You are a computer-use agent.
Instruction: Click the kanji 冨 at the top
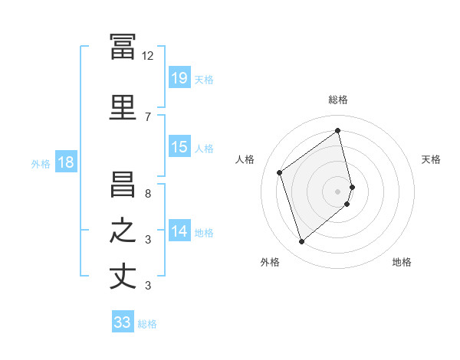point(123,47)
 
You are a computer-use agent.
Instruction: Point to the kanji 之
point(123,231)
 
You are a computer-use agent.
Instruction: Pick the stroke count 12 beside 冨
point(148,56)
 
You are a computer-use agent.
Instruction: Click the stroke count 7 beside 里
point(148,116)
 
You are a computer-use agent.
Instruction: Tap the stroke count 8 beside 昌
point(148,193)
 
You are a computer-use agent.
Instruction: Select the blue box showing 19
point(179,78)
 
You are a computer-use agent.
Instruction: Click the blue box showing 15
point(179,147)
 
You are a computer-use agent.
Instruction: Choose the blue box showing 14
point(179,231)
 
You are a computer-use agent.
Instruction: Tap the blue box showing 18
point(65,162)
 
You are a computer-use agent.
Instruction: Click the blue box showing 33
point(122,323)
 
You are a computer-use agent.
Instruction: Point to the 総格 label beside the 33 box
point(147,324)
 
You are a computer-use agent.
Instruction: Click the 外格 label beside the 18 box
point(41,163)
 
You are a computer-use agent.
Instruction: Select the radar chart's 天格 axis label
point(431,159)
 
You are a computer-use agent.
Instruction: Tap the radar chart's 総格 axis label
point(338,100)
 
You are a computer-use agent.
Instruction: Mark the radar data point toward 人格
point(280,172)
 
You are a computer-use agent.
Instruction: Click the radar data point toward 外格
point(301,242)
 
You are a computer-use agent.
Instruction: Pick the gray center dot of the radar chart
point(338,191)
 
